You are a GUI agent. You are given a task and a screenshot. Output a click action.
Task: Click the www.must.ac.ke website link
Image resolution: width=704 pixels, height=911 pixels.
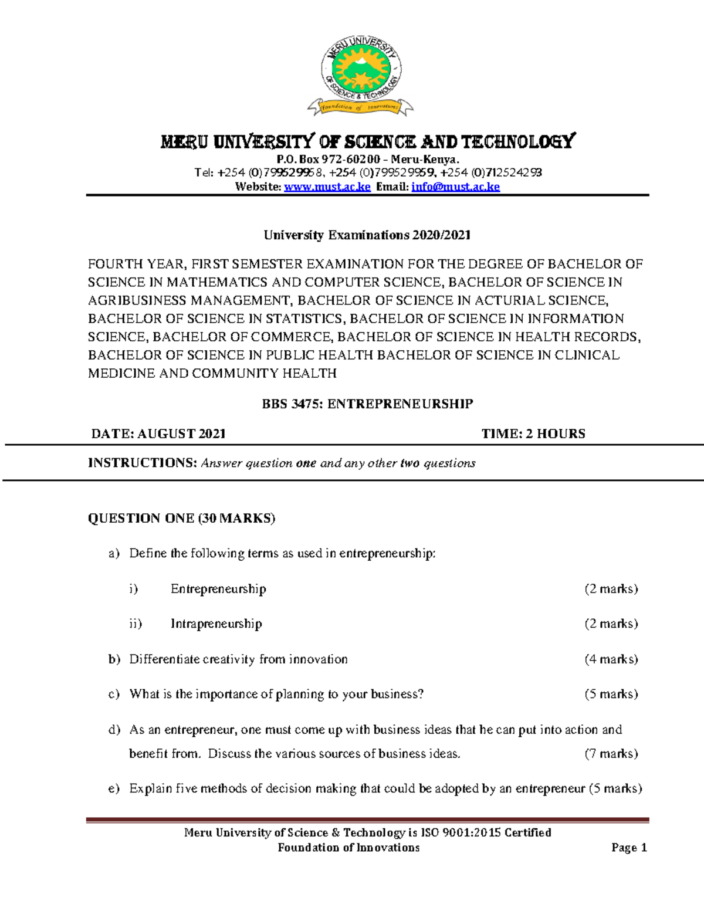(x=327, y=187)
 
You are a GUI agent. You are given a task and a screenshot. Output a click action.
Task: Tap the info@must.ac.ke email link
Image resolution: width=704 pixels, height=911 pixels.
(x=455, y=187)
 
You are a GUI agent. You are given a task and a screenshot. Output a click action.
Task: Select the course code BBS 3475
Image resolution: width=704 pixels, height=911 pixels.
(x=291, y=404)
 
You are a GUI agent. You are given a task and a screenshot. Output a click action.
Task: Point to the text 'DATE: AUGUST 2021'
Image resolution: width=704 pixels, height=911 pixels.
(x=158, y=434)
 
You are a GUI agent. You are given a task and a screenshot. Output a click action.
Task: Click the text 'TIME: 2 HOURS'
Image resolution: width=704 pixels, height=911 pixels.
(x=533, y=434)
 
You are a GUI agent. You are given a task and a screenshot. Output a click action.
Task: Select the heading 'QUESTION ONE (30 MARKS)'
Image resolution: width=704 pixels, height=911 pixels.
(x=181, y=518)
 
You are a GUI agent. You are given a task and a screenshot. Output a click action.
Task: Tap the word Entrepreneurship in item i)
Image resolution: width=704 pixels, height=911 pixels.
(x=218, y=588)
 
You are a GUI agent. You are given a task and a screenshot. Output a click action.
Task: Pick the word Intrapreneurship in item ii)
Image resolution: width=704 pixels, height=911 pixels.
(x=216, y=624)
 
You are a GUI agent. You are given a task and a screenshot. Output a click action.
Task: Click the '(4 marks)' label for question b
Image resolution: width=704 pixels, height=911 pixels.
(x=611, y=659)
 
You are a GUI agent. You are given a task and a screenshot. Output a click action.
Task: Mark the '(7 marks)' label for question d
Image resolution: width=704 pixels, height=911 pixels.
(x=611, y=753)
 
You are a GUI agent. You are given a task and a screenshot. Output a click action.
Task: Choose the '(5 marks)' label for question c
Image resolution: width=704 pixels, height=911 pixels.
(x=611, y=694)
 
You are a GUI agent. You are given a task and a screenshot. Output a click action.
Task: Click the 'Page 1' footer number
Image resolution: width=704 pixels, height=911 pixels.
(x=629, y=847)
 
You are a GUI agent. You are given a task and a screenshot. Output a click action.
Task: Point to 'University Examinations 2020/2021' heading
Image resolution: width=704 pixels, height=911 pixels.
(x=367, y=235)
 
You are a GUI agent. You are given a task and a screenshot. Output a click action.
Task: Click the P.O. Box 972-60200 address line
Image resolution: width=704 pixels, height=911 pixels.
(x=368, y=160)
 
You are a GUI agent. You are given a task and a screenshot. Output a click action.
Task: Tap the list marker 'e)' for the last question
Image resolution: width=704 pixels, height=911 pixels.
(x=114, y=788)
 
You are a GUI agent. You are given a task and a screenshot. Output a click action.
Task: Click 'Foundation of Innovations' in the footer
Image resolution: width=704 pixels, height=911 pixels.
(x=348, y=847)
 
